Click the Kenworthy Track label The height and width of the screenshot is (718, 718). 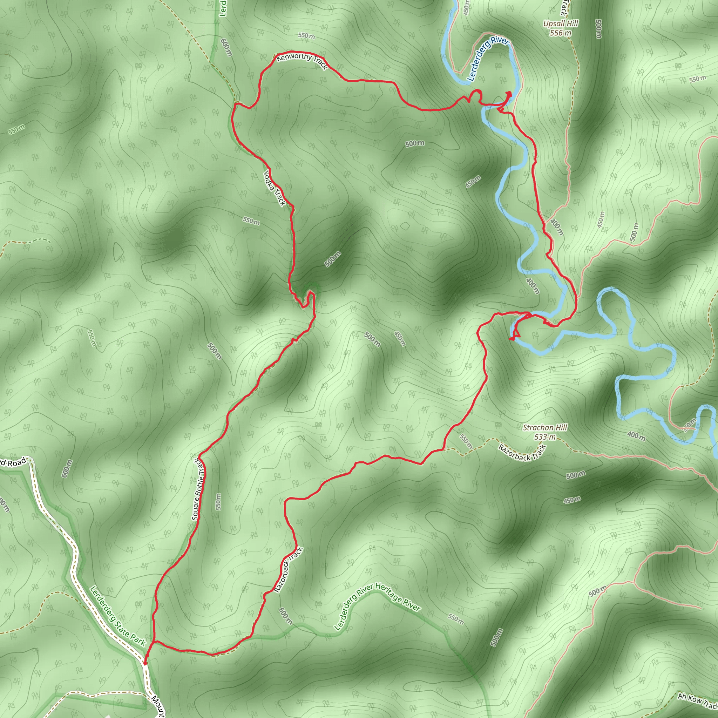(x=302, y=61)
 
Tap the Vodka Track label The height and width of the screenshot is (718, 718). (x=274, y=188)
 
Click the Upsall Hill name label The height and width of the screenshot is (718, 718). (x=561, y=24)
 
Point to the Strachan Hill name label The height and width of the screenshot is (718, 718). (x=545, y=428)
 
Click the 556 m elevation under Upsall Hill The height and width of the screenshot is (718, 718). (x=561, y=33)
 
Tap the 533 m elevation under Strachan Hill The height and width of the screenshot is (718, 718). (x=545, y=437)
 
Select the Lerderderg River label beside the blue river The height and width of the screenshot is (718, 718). (x=488, y=58)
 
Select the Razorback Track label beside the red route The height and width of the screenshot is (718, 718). (x=289, y=570)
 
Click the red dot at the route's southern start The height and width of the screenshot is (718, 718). (x=145, y=663)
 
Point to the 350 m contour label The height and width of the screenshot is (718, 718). (x=690, y=425)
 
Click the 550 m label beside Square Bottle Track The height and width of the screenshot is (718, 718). (x=218, y=501)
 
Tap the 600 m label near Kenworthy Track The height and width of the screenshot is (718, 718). (x=226, y=48)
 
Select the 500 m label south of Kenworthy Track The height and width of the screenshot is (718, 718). (x=415, y=143)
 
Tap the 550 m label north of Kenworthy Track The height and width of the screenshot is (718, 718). (x=306, y=36)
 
